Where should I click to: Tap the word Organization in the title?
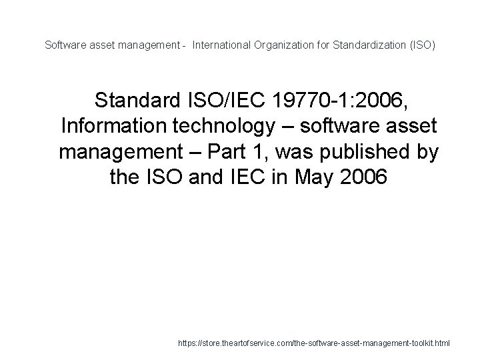click(281, 45)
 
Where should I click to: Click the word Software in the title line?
click(63, 45)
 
